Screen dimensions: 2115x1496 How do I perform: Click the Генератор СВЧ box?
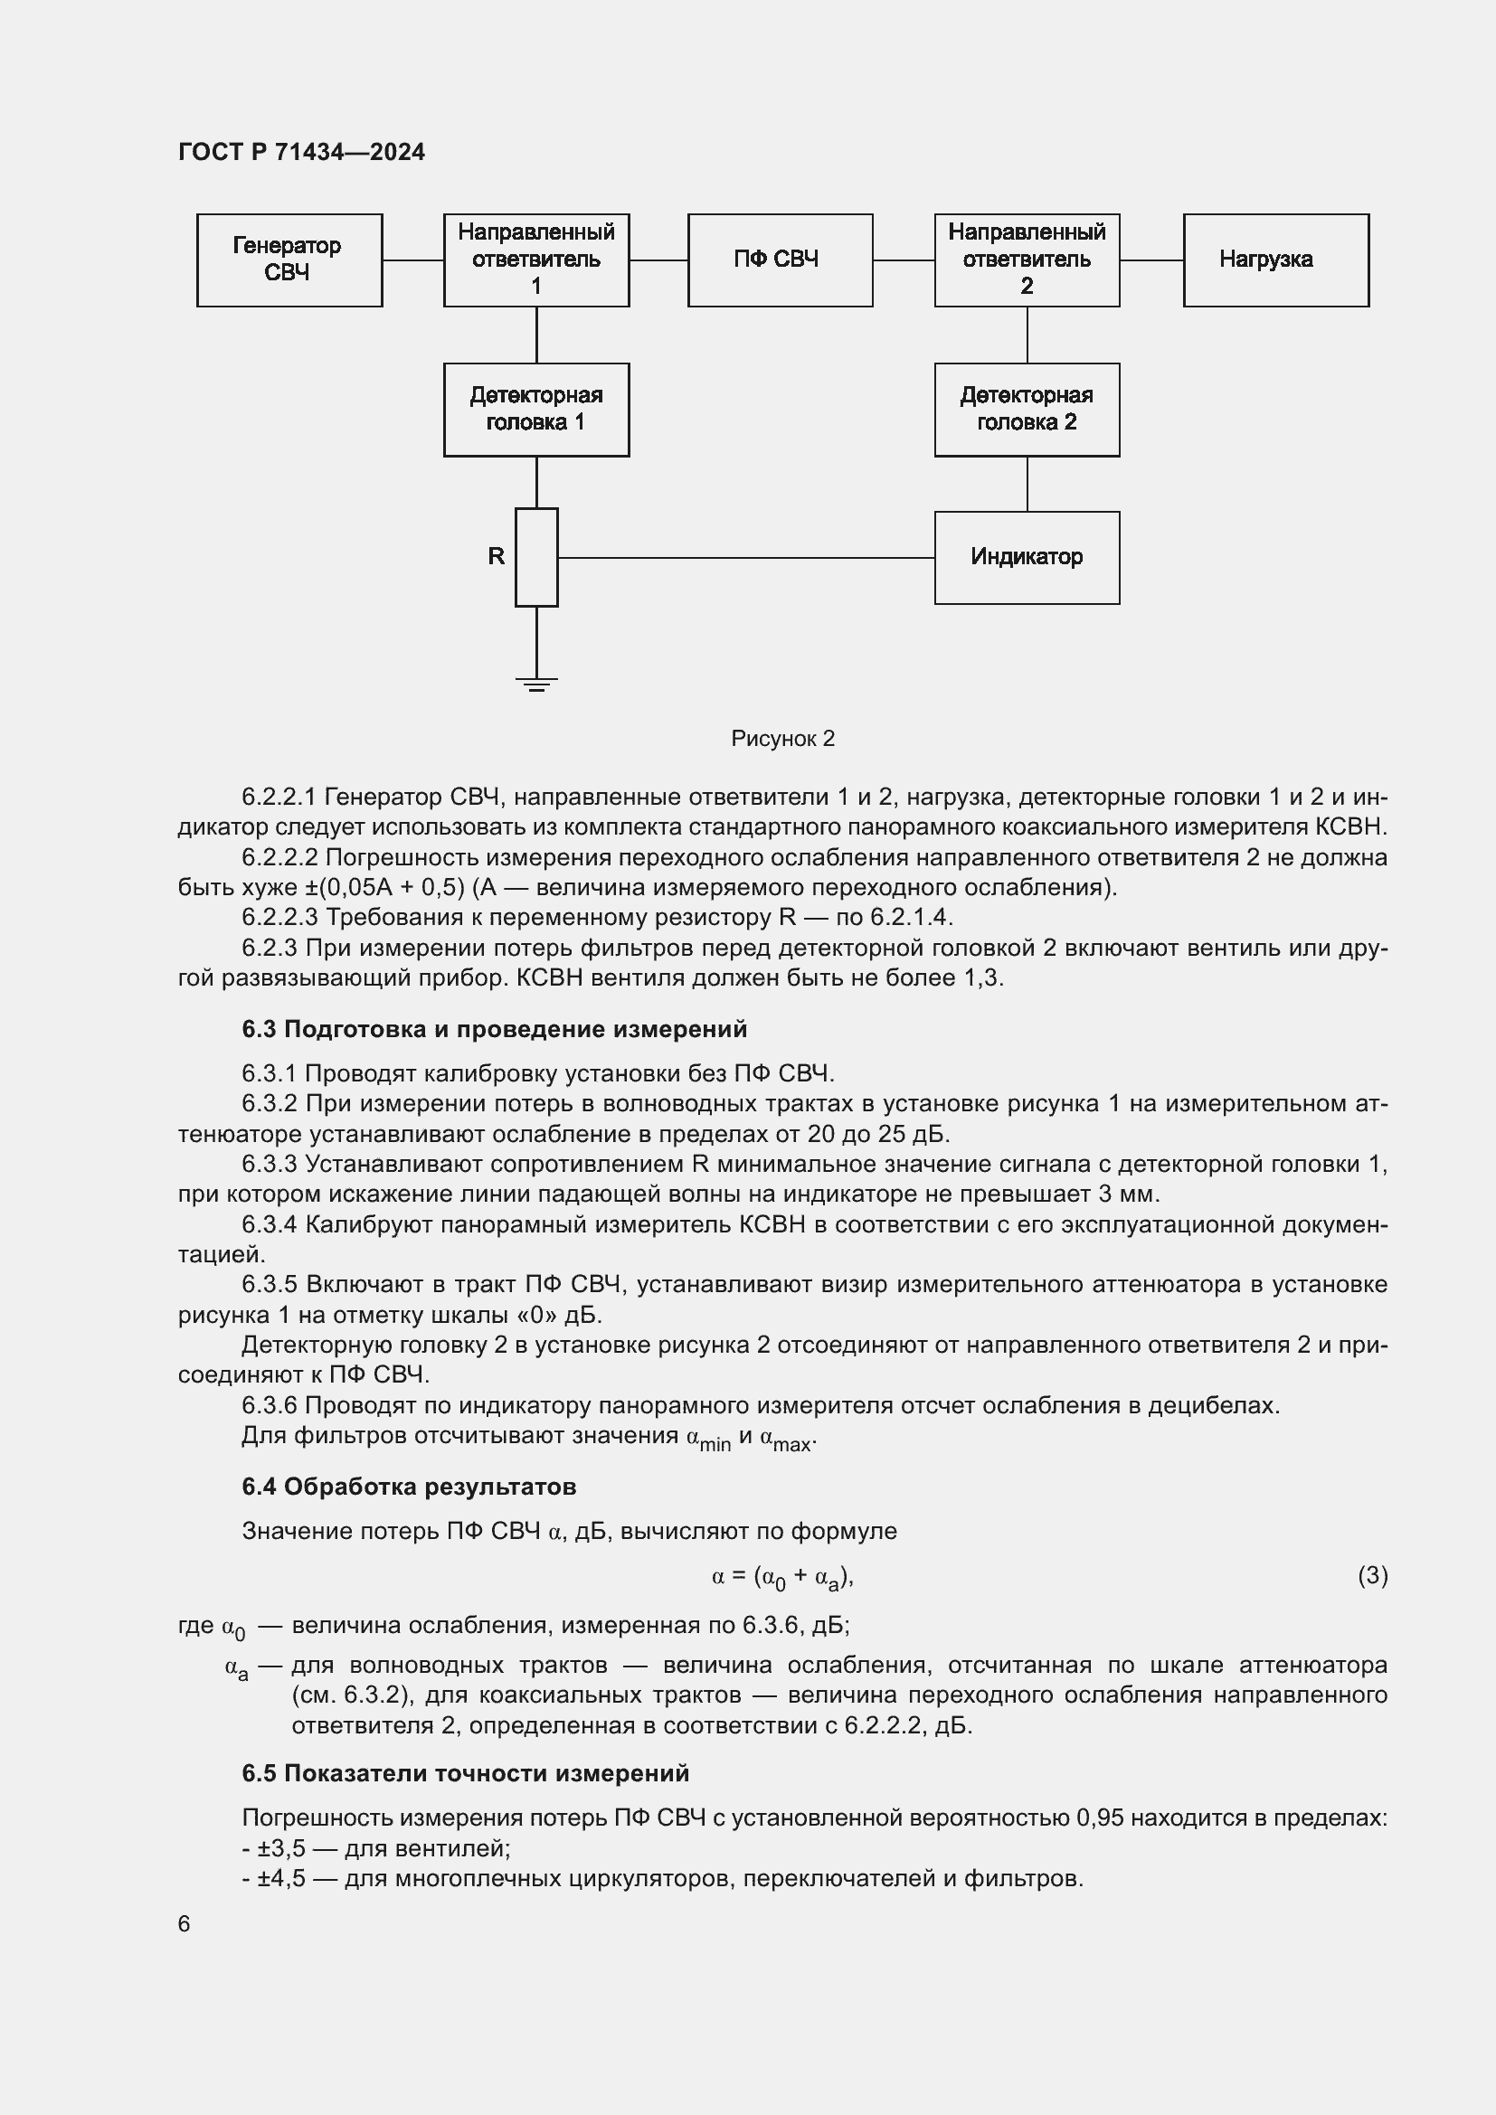tap(289, 260)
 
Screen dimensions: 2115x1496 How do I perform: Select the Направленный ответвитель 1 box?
tap(536, 260)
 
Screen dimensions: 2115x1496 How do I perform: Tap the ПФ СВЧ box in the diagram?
tap(780, 260)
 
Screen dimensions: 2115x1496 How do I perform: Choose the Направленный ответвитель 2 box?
tap(1027, 260)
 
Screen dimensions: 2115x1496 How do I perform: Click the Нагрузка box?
tap(1275, 260)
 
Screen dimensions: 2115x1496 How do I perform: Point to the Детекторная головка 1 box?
tap(536, 409)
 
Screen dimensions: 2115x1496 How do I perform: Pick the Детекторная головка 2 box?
tap(1027, 409)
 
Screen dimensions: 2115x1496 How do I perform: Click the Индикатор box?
tap(1027, 557)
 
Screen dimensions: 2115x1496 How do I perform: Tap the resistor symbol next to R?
tap(536, 557)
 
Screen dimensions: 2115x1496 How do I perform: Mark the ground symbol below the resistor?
tap(536, 684)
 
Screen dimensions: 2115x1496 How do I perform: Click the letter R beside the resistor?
tap(496, 556)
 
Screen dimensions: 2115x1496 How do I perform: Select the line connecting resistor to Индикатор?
tap(746, 557)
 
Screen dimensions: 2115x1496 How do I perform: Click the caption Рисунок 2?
tap(782, 739)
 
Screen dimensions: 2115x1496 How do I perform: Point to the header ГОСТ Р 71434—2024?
tap(301, 152)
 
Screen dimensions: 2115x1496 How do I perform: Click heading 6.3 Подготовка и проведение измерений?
tap(494, 1029)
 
